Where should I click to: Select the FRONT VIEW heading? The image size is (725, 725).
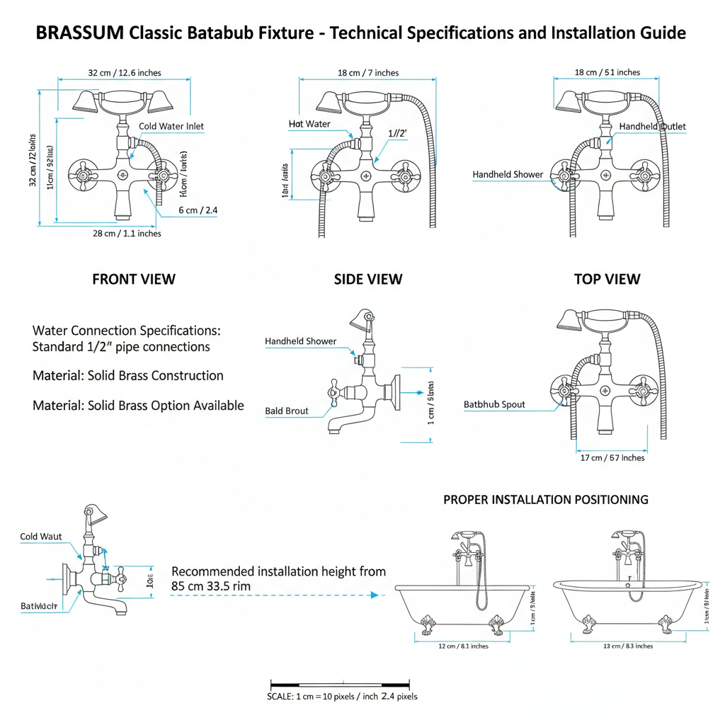[134, 279]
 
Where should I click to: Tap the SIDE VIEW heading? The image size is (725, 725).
[368, 279]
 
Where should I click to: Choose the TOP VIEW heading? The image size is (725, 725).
[607, 279]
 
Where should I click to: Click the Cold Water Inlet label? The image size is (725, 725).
[171, 126]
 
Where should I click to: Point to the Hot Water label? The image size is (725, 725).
[309, 124]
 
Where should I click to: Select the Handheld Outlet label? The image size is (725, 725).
[652, 126]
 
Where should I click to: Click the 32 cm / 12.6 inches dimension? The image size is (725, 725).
[125, 72]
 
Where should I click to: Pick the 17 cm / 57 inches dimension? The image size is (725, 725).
[612, 457]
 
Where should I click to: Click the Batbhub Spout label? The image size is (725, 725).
[494, 404]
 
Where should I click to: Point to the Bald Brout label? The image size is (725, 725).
[287, 411]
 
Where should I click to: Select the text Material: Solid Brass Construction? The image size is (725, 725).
[128, 376]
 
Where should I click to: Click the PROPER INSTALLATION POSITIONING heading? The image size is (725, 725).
[545, 499]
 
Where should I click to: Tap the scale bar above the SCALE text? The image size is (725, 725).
[340, 685]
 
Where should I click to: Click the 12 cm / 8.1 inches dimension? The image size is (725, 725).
[463, 646]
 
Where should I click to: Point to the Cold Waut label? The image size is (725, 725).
[41, 537]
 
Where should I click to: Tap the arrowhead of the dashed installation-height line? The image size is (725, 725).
[375, 595]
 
